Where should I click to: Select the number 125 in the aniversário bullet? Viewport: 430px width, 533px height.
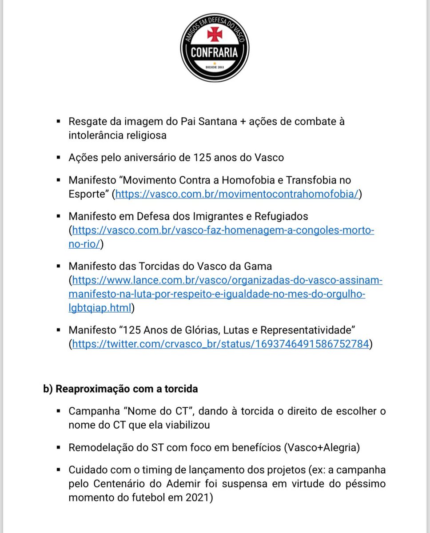(x=203, y=157)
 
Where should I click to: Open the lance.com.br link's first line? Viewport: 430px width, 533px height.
(x=227, y=280)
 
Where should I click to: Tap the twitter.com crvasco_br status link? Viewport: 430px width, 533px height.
(x=220, y=344)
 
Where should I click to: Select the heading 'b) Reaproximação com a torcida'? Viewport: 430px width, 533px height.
(x=120, y=389)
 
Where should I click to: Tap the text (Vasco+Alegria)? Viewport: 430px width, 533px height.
(x=322, y=447)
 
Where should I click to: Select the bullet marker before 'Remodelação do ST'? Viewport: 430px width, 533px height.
(x=59, y=447)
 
